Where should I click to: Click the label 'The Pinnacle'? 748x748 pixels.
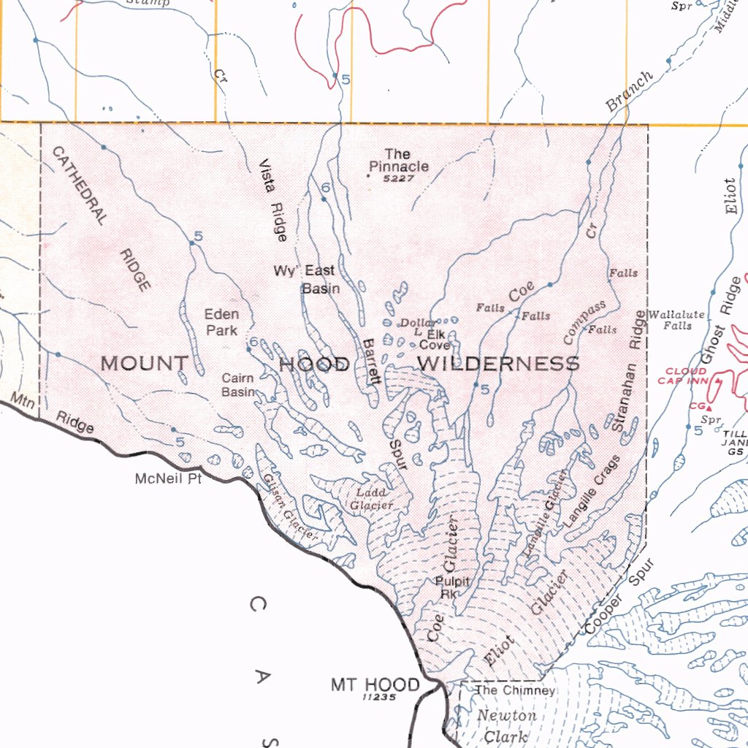tap(398, 160)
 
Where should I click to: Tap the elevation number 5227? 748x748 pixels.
tap(398, 178)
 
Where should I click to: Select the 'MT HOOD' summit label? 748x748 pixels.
tap(375, 684)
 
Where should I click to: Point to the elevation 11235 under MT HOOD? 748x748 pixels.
tap(378, 698)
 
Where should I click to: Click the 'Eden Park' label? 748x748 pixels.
tap(221, 322)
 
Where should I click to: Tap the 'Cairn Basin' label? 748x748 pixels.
tap(238, 385)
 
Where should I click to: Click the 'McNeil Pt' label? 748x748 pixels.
tap(168, 480)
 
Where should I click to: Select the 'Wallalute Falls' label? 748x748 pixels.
tap(677, 320)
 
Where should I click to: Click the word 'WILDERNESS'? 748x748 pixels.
tap(499, 363)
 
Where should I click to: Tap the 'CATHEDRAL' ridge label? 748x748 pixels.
tap(80, 185)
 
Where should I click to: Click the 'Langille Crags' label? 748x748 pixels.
tap(592, 491)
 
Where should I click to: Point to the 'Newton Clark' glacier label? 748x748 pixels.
tap(506, 726)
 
